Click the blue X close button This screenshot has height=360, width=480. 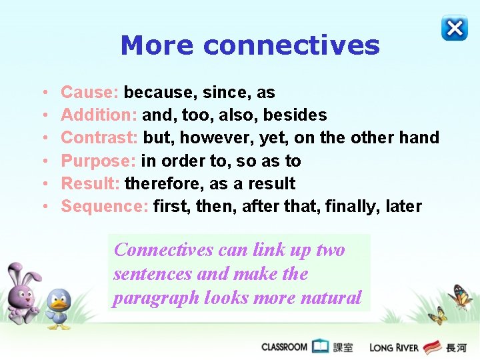(x=455, y=28)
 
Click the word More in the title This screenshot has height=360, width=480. (x=157, y=45)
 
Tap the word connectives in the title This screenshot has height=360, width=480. (x=291, y=45)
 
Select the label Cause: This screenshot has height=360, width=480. (x=90, y=92)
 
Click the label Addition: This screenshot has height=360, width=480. (x=99, y=115)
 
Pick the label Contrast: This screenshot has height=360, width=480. (x=99, y=138)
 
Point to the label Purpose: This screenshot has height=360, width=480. (x=98, y=161)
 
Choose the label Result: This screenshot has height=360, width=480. (x=90, y=183)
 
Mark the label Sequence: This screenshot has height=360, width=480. (x=105, y=206)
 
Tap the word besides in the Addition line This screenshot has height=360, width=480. (x=295, y=115)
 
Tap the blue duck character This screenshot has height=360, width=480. (x=59, y=308)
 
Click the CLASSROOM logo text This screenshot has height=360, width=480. (x=284, y=347)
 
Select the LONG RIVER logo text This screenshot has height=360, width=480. (x=394, y=347)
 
